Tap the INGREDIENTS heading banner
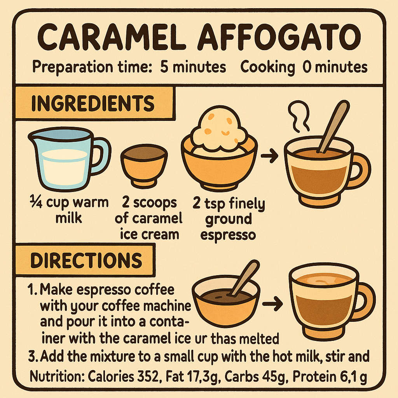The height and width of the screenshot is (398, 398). click(x=92, y=103)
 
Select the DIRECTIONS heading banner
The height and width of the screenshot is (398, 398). click(x=86, y=260)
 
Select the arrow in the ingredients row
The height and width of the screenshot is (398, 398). click(x=269, y=156)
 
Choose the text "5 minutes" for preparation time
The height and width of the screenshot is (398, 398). click(x=193, y=67)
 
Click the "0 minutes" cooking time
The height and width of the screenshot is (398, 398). click(x=335, y=67)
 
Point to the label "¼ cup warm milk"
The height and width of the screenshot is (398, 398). click(x=69, y=210)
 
